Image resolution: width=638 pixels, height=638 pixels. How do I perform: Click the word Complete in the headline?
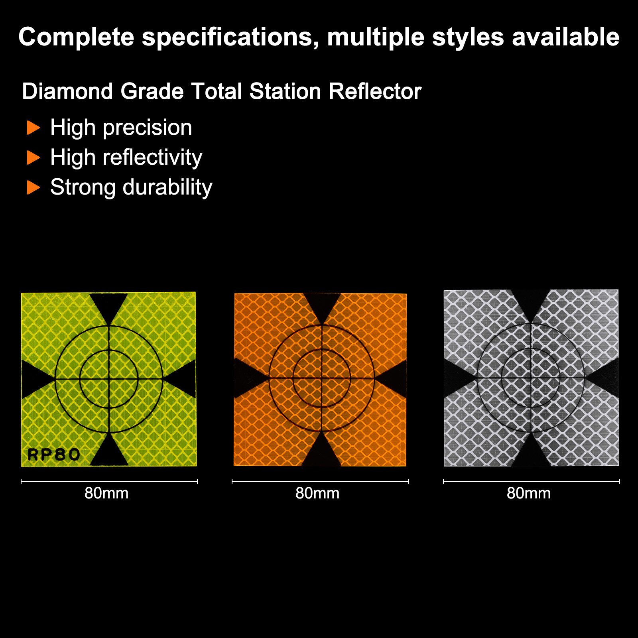[77, 37]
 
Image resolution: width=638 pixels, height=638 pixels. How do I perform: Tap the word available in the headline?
[566, 37]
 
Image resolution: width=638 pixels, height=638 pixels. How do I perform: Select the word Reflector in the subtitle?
[375, 91]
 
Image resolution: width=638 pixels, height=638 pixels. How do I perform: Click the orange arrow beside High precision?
[33, 128]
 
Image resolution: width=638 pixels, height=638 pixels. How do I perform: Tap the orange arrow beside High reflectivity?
[33, 158]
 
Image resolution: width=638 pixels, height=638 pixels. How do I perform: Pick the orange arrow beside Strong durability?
[33, 187]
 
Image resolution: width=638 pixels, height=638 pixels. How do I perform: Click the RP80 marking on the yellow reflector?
[54, 455]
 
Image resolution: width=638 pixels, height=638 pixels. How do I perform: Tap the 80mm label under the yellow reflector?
[106, 494]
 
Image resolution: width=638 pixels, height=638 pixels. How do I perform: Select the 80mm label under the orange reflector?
[317, 494]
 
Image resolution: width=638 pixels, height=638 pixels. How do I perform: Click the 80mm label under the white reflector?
[529, 494]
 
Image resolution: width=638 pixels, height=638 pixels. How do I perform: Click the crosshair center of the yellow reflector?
[109, 379]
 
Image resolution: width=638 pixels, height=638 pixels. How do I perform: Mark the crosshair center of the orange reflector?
[322, 378]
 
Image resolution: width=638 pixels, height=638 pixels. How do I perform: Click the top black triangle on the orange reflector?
[322, 305]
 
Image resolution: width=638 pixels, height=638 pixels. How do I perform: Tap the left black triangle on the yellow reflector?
[34, 379]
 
